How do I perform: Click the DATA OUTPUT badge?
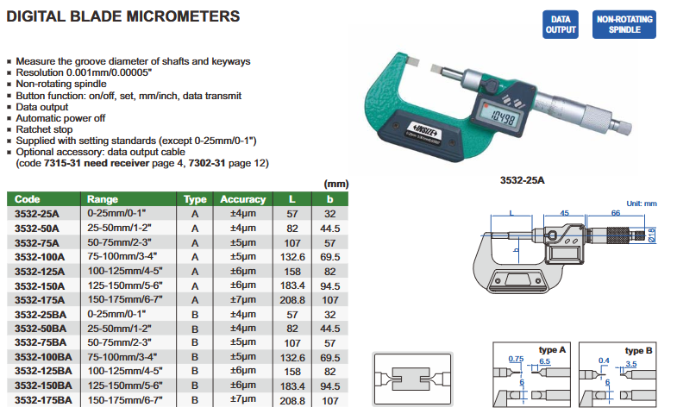coord(560,25)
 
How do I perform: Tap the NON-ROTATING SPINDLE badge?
coord(624,25)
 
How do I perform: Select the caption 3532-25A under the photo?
coord(522,180)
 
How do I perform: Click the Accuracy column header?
coord(242,199)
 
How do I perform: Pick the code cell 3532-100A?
coord(40,257)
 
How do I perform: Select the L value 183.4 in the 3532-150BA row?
coord(292,386)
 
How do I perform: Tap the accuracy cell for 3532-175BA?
coord(242,399)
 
